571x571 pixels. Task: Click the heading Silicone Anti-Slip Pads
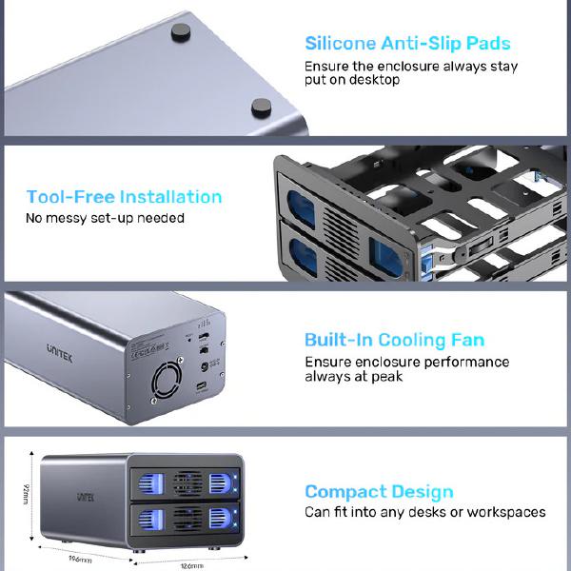407,43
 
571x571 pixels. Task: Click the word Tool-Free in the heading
69,197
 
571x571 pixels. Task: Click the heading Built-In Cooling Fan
394,340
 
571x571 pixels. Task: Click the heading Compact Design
379,492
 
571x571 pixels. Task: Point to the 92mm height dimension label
25,494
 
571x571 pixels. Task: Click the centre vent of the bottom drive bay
187,520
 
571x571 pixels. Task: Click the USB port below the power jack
204,388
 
